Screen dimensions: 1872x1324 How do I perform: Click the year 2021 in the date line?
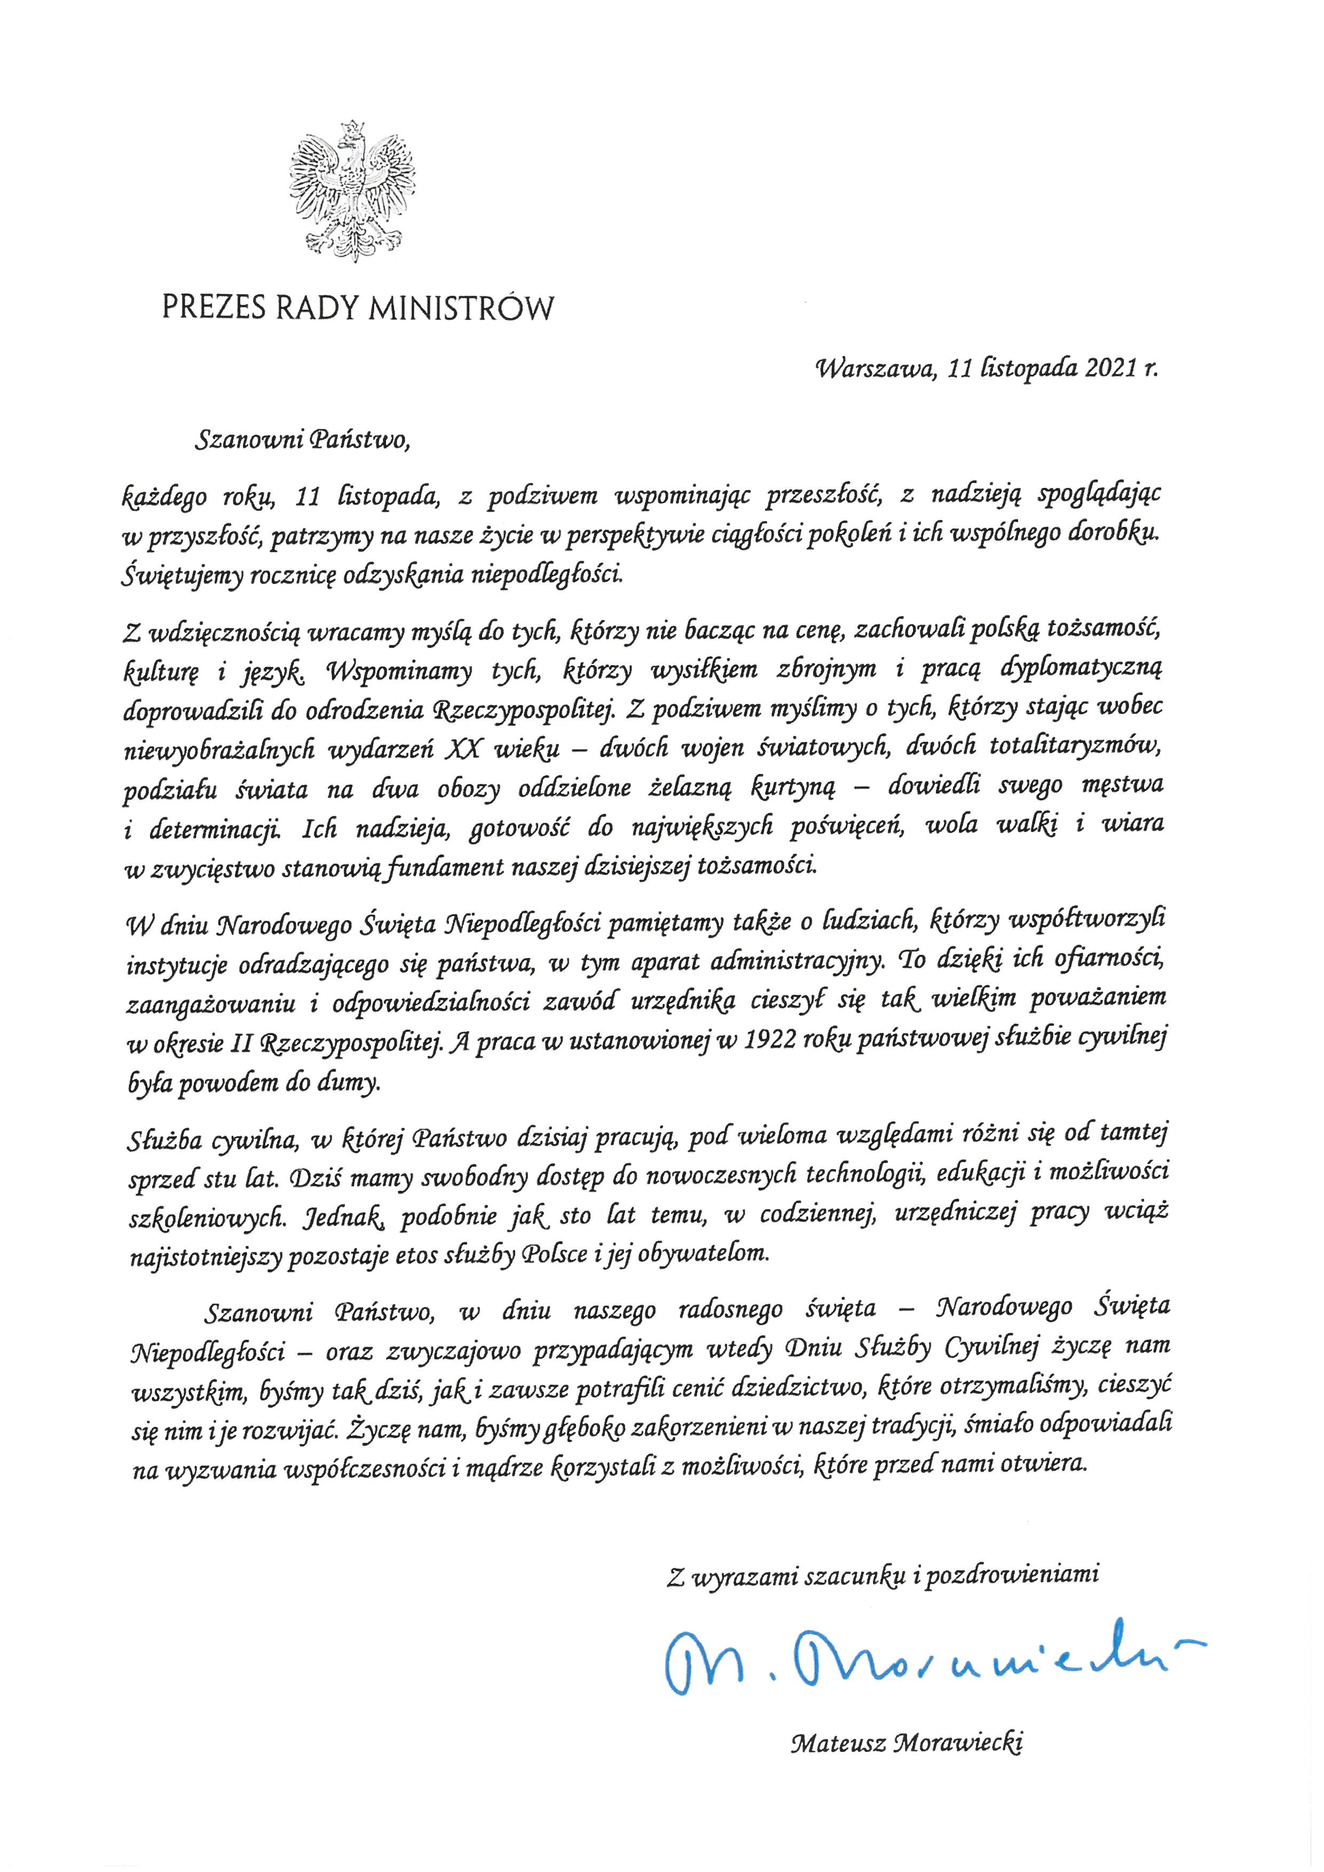1111,369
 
